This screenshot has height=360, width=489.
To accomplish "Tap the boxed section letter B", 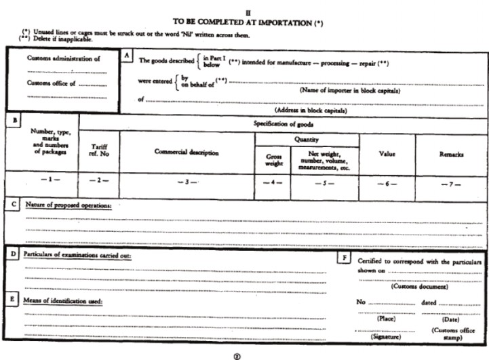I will (x=11, y=119).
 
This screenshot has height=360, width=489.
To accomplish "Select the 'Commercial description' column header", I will (x=187, y=153).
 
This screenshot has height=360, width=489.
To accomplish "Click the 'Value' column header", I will (x=387, y=154).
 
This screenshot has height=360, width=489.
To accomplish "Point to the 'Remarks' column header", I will (x=451, y=154).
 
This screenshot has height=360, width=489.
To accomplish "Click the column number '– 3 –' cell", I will (x=186, y=182).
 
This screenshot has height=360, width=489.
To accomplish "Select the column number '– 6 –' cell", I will (x=387, y=182).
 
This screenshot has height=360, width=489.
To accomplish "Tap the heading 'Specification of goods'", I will (x=283, y=123).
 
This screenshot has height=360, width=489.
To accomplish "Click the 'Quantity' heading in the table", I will (x=307, y=139).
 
